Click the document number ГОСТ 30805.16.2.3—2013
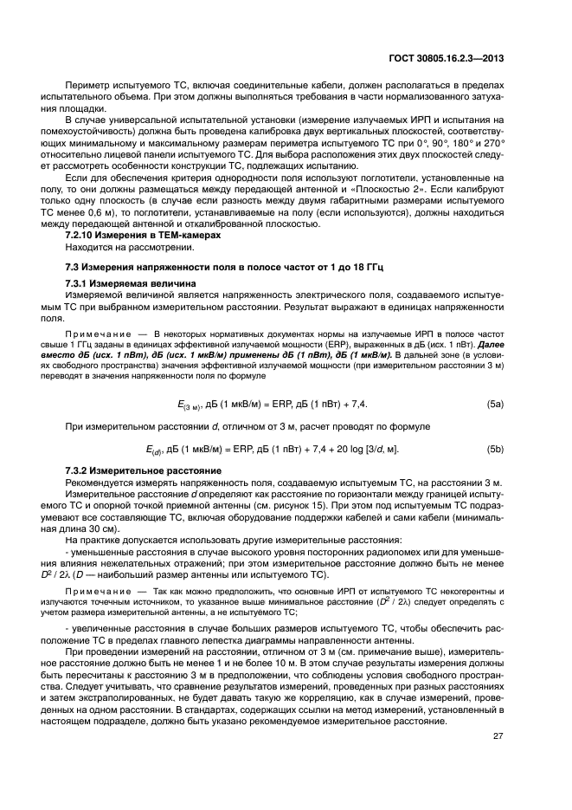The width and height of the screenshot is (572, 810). pos(448,60)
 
